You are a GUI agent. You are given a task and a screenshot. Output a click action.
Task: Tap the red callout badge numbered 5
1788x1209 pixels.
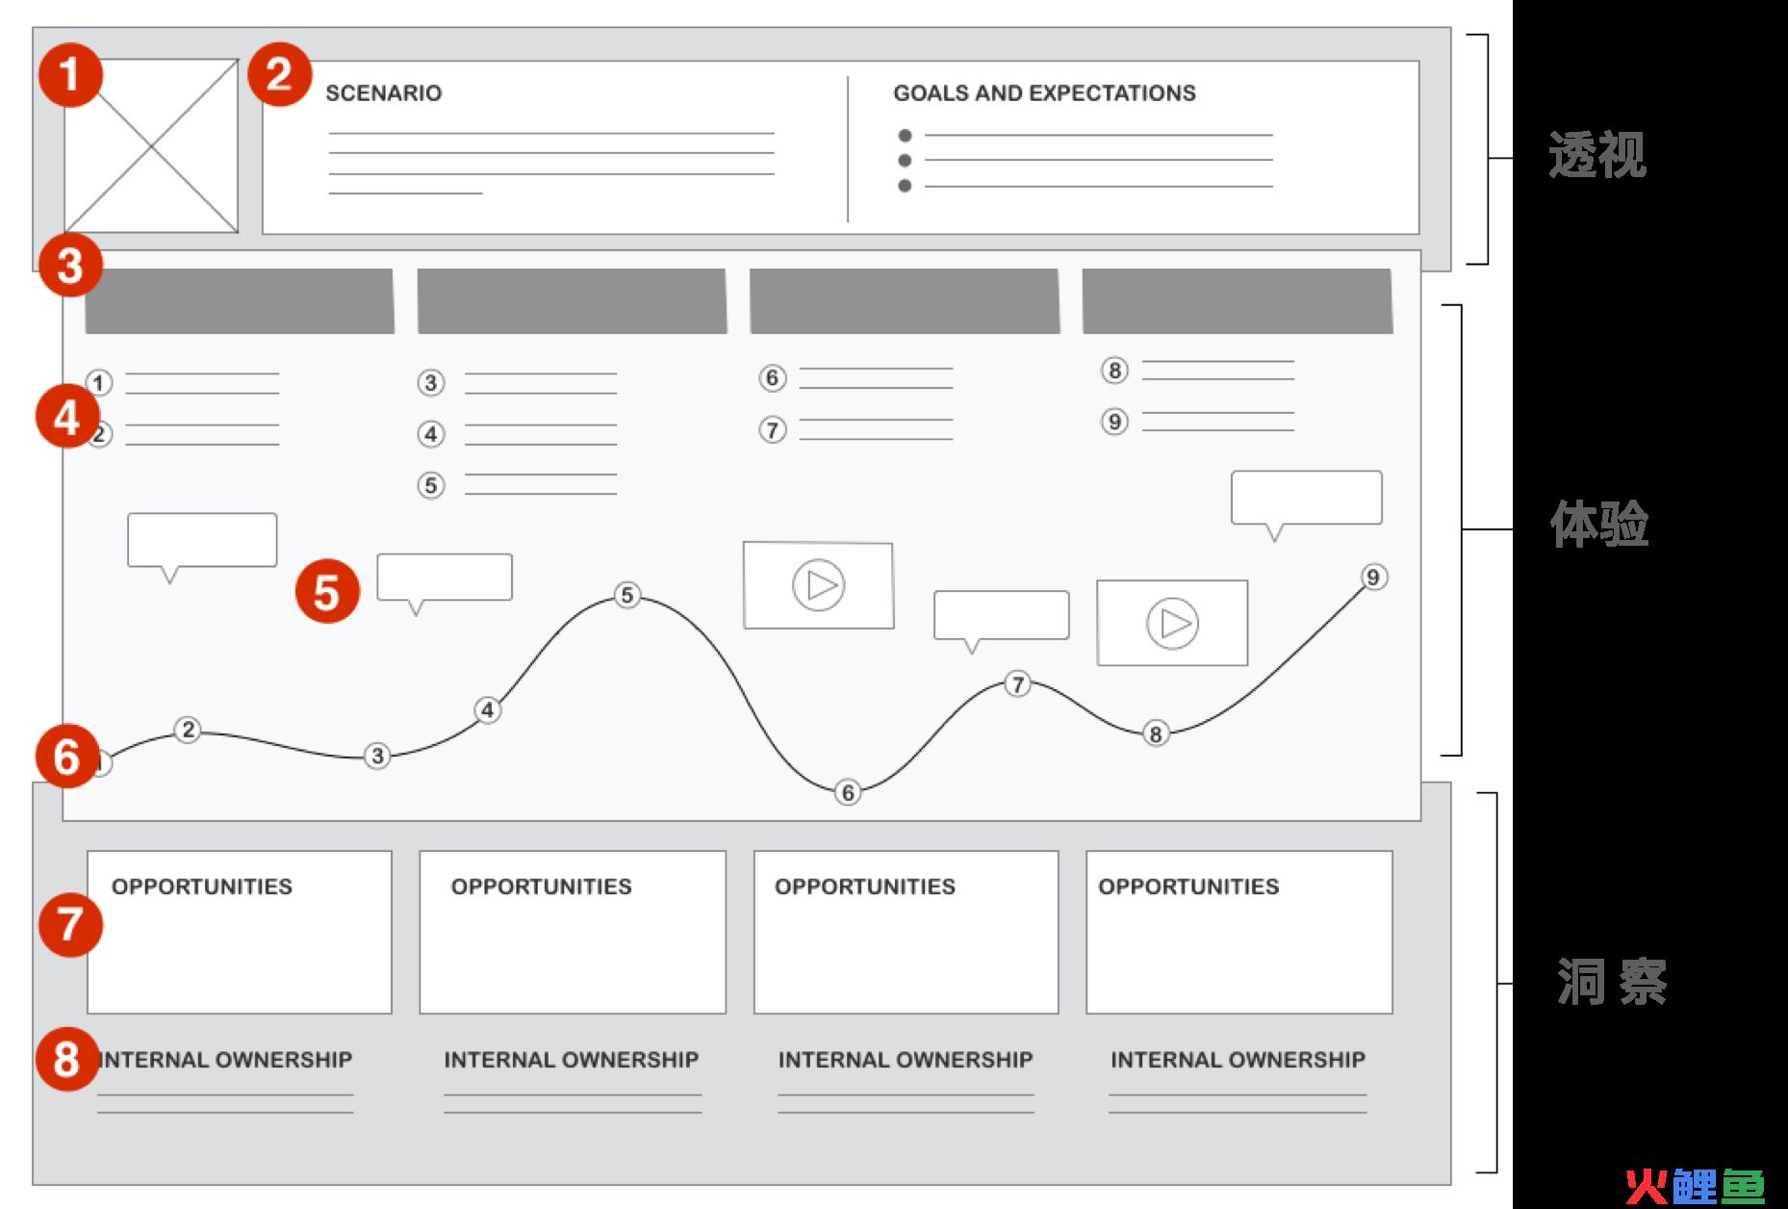click(x=327, y=591)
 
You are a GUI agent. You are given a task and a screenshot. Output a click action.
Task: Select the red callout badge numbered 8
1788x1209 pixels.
click(x=67, y=1060)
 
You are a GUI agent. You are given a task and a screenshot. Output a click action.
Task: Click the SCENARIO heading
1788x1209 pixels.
click(x=383, y=93)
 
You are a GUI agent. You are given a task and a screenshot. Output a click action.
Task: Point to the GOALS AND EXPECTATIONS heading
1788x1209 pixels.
click(x=1044, y=93)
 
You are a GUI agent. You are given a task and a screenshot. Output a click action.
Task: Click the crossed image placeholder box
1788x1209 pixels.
click(x=151, y=146)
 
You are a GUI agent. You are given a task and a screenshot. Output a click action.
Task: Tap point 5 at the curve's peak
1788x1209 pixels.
click(x=627, y=595)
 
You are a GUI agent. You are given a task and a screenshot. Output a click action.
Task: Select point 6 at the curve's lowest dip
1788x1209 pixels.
click(x=847, y=792)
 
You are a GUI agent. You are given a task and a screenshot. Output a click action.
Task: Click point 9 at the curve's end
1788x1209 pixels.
click(x=1373, y=577)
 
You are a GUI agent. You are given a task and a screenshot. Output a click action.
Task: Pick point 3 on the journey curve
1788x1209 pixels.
click(x=377, y=756)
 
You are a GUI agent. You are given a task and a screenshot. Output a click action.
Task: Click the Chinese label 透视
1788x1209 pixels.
click(x=1597, y=154)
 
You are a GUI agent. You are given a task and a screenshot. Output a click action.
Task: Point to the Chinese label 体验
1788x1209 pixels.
click(x=1599, y=525)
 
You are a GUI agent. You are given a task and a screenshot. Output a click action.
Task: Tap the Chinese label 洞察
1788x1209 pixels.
click(x=1613, y=983)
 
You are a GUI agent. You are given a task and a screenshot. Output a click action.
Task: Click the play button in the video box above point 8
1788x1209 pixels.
click(x=1172, y=624)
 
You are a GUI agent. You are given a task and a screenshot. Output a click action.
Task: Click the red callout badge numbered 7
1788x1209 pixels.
click(x=70, y=925)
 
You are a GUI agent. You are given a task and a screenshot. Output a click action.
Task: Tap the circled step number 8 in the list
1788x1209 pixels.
click(x=1114, y=371)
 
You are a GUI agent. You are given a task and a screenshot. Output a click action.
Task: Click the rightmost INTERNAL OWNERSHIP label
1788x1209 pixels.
click(x=1238, y=1060)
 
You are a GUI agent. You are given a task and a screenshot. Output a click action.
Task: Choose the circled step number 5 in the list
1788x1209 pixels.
click(x=431, y=485)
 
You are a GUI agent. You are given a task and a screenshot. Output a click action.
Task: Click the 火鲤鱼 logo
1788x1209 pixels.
click(x=1695, y=1186)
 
